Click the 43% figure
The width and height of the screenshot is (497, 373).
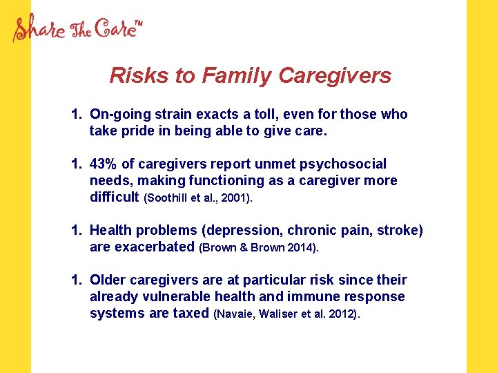tap(104, 164)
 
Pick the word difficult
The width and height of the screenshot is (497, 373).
tap(115, 197)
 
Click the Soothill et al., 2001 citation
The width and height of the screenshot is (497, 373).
tap(199, 198)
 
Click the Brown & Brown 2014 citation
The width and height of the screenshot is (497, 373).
tap(259, 248)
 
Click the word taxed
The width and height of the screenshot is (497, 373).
tap(193, 313)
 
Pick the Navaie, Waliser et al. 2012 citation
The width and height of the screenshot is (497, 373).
tap(287, 314)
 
